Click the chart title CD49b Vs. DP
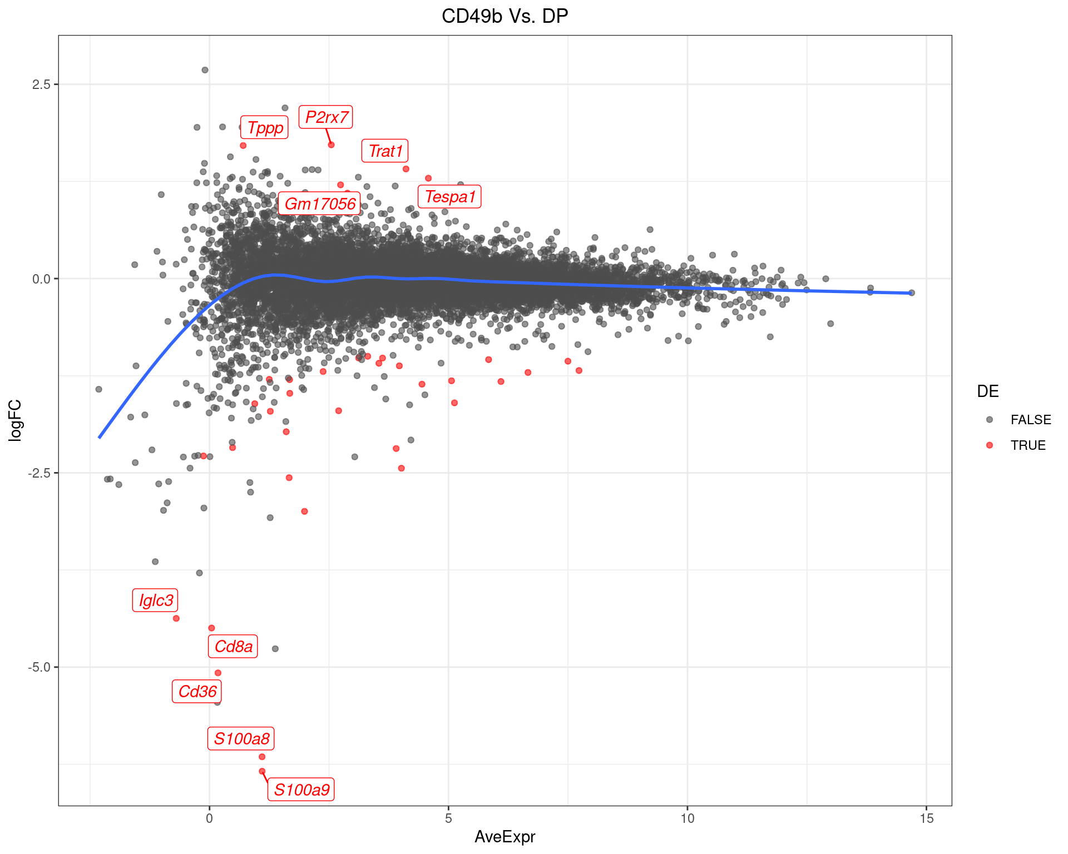(505, 16)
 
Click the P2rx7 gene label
(326, 117)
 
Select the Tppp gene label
(265, 128)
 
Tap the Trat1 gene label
(385, 151)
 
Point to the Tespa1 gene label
(449, 197)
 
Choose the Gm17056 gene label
(320, 204)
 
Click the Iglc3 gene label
(156, 600)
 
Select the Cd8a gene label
(233, 647)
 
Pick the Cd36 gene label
(197, 692)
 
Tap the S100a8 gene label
(241, 739)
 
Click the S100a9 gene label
(301, 790)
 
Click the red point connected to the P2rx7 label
(331, 145)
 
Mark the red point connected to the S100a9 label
(262, 771)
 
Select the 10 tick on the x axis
(688, 818)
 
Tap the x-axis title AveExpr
(505, 837)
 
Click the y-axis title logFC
(15, 420)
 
